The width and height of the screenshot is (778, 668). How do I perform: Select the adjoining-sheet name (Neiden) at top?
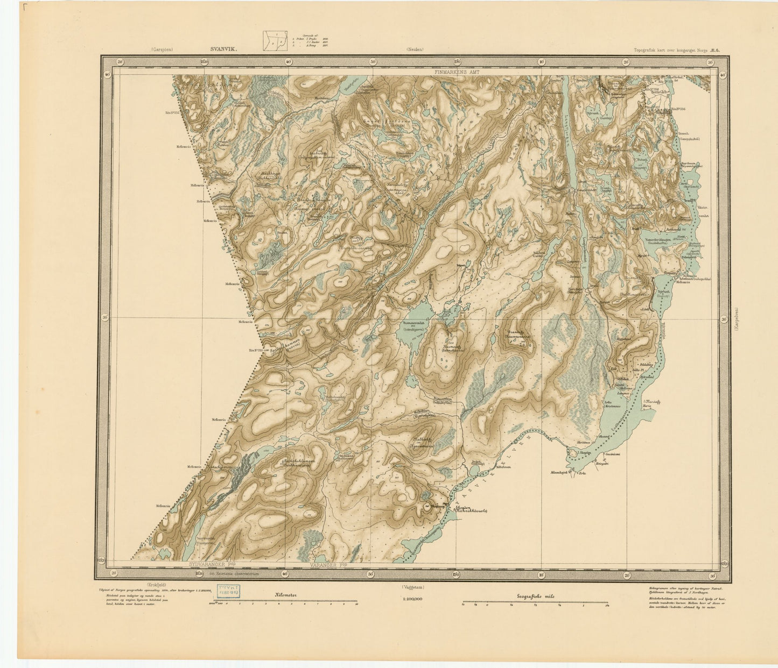click(415, 49)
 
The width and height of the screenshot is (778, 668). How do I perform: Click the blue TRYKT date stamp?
click(228, 591)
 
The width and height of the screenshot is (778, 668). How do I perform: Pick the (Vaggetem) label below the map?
click(412, 587)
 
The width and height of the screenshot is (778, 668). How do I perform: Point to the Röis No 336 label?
click(678, 109)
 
